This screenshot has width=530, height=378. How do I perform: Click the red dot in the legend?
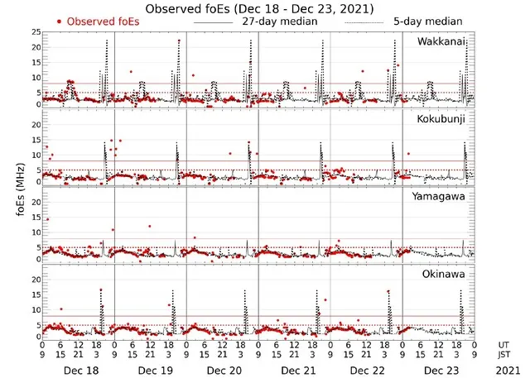(x=60, y=21)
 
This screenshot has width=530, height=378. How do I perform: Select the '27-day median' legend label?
(x=281, y=21)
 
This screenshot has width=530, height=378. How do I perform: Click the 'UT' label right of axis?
(x=504, y=346)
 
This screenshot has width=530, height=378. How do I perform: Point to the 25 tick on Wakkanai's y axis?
(x=36, y=32)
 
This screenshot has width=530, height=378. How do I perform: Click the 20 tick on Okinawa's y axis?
(x=36, y=280)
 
